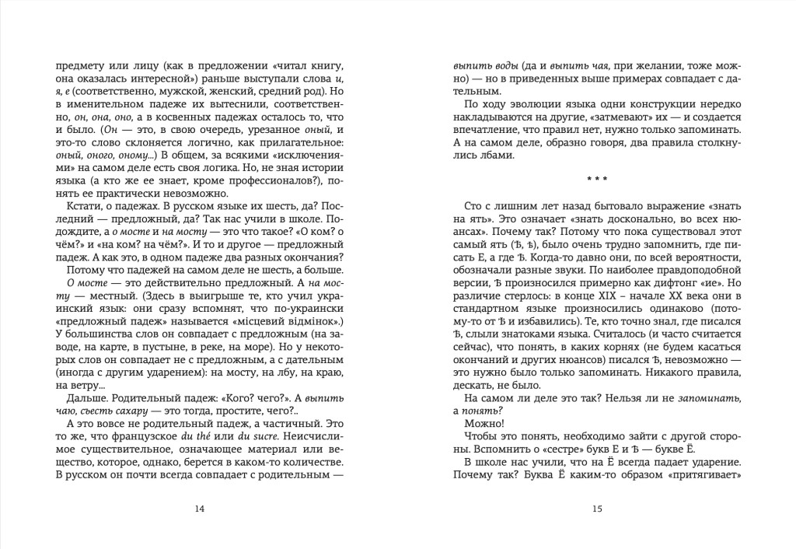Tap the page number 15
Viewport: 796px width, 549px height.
(597, 509)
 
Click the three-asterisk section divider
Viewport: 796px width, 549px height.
(597, 180)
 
